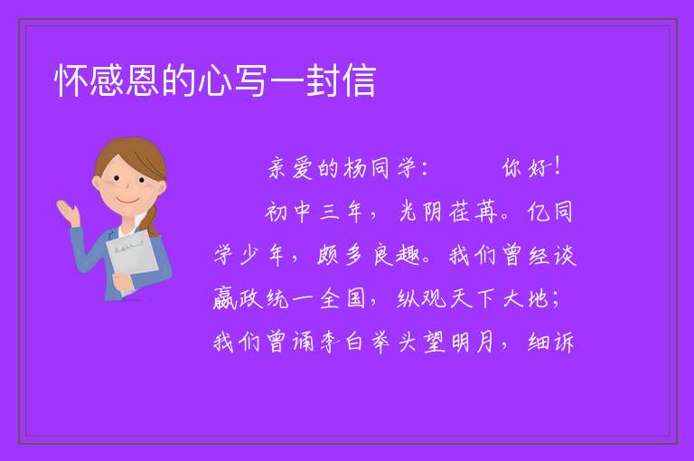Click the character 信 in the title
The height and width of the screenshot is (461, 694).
359,80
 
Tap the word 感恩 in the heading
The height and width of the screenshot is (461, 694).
125,80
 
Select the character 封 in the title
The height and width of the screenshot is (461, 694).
323,80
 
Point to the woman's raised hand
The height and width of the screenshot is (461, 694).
68,212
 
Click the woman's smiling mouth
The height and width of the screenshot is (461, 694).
127,200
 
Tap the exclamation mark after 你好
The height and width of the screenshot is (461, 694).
558,166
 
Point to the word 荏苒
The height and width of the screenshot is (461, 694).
474,212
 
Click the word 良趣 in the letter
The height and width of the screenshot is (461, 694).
396,255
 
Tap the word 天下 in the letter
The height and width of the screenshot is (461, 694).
472,298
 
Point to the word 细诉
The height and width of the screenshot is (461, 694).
550,343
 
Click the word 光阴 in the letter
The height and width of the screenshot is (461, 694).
420,212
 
